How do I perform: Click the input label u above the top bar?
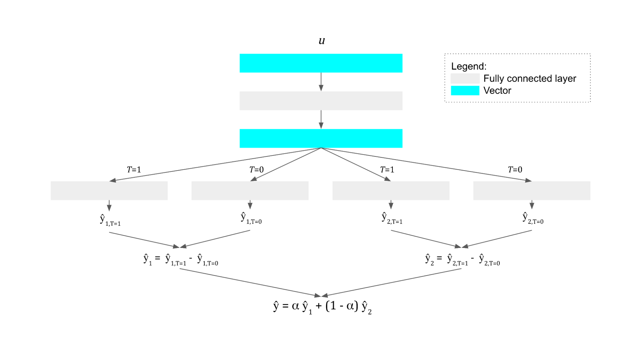(x=321, y=41)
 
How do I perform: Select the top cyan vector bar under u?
(x=321, y=63)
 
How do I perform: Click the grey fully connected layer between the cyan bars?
(x=321, y=101)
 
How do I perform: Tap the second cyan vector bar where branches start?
(x=321, y=138)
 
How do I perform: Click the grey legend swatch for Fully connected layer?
(x=465, y=78)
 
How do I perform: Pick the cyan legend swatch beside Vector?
(x=465, y=91)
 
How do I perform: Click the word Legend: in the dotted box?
(x=469, y=66)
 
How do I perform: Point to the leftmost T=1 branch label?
(x=134, y=169)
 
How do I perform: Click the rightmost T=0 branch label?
(x=515, y=169)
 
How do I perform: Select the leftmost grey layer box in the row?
(x=109, y=190)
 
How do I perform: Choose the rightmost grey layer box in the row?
(x=532, y=190)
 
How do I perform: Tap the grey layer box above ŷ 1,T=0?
(x=250, y=190)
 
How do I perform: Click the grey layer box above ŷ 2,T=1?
(x=391, y=190)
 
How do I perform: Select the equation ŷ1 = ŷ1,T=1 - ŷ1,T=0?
(x=180, y=259)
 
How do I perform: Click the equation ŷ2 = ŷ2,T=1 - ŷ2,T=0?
(x=462, y=259)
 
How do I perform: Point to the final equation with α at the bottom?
(x=322, y=306)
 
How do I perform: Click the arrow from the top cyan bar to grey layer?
(x=321, y=82)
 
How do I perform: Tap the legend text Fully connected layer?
(x=530, y=78)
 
